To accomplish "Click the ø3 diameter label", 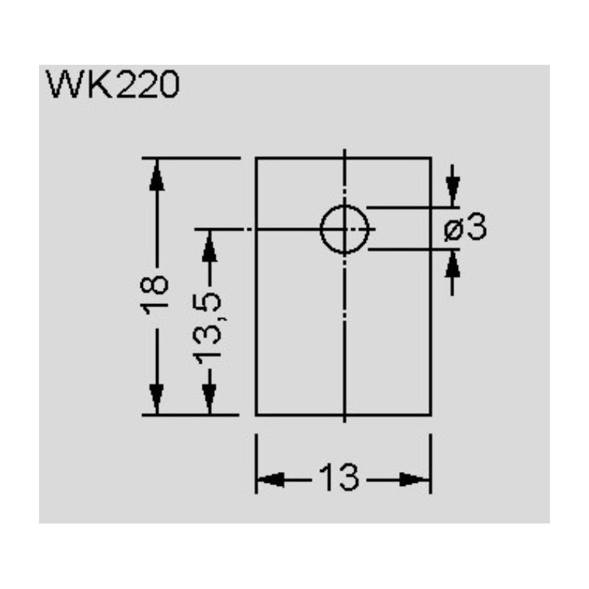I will tap(466, 229).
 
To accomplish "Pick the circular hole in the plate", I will tap(345, 230).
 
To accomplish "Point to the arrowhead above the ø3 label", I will tap(454, 193).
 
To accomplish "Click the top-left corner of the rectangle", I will tap(256, 158).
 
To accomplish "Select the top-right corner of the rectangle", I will tap(431, 158).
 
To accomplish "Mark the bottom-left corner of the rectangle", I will tap(256, 415).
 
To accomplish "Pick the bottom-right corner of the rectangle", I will tap(431, 415).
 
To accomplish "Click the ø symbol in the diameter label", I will tap(454, 230).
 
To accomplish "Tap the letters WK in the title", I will tap(74, 86).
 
